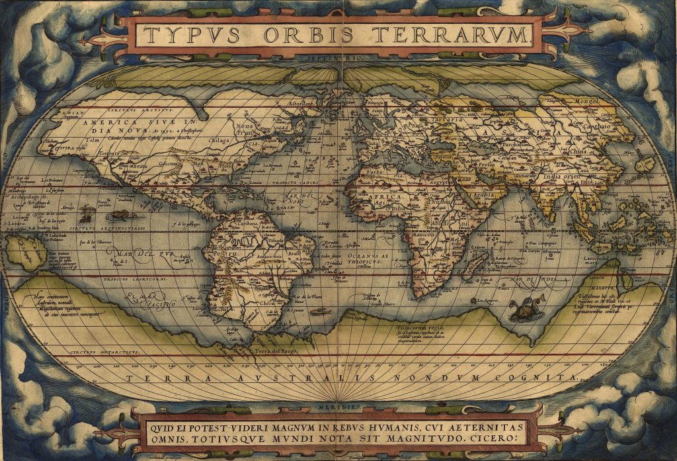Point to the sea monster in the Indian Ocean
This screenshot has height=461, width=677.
coord(522,308)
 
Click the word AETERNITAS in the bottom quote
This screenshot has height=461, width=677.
coord(487,424)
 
